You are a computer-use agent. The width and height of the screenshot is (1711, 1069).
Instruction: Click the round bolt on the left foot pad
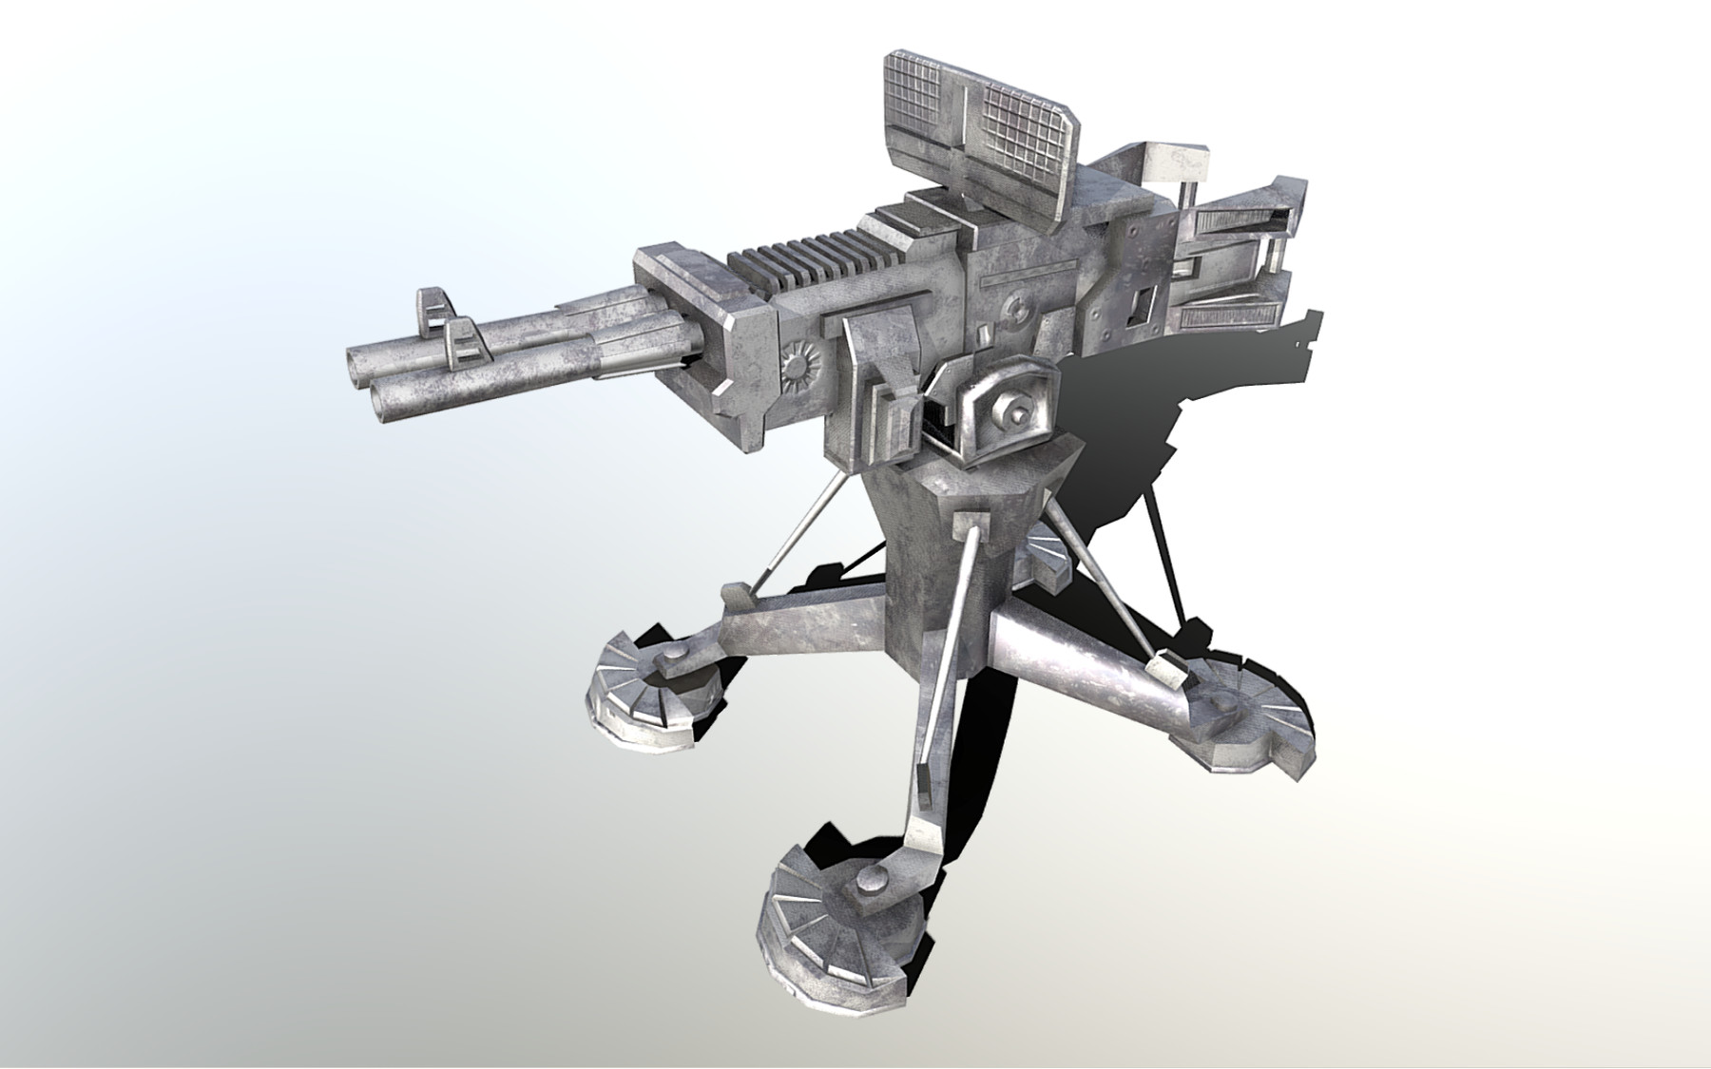pyautogui.click(x=670, y=659)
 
